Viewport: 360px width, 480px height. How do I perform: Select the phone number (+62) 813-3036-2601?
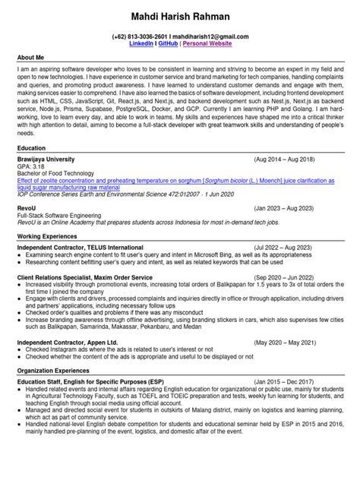[140, 36]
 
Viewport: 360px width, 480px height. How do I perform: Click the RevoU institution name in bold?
[27, 207]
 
